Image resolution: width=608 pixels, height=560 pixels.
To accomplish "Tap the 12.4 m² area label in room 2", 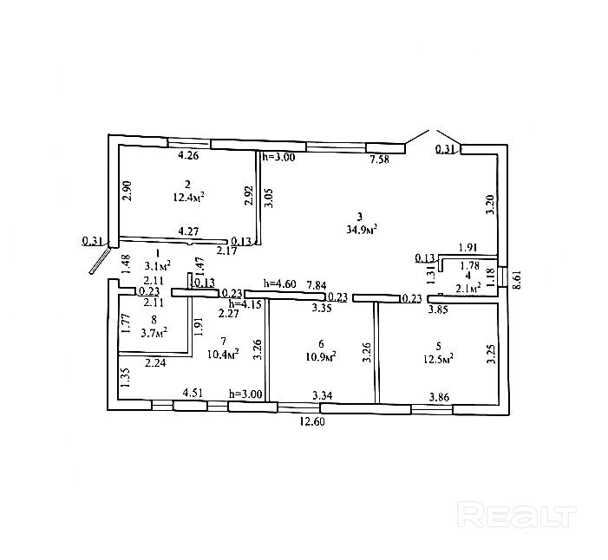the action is [188, 198].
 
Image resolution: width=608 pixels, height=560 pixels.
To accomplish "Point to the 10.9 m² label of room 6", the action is [322, 356].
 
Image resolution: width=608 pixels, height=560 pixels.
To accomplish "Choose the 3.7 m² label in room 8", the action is [154, 331].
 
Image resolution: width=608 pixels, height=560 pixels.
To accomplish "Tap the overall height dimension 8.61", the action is [518, 279].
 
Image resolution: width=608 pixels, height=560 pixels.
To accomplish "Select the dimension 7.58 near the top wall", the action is [379, 160].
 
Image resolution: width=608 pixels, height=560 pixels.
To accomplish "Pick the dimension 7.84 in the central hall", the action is [316, 284].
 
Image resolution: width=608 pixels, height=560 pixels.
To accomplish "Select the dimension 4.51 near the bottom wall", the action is [193, 393].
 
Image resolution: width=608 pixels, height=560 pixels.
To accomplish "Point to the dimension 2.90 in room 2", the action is [127, 190].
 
